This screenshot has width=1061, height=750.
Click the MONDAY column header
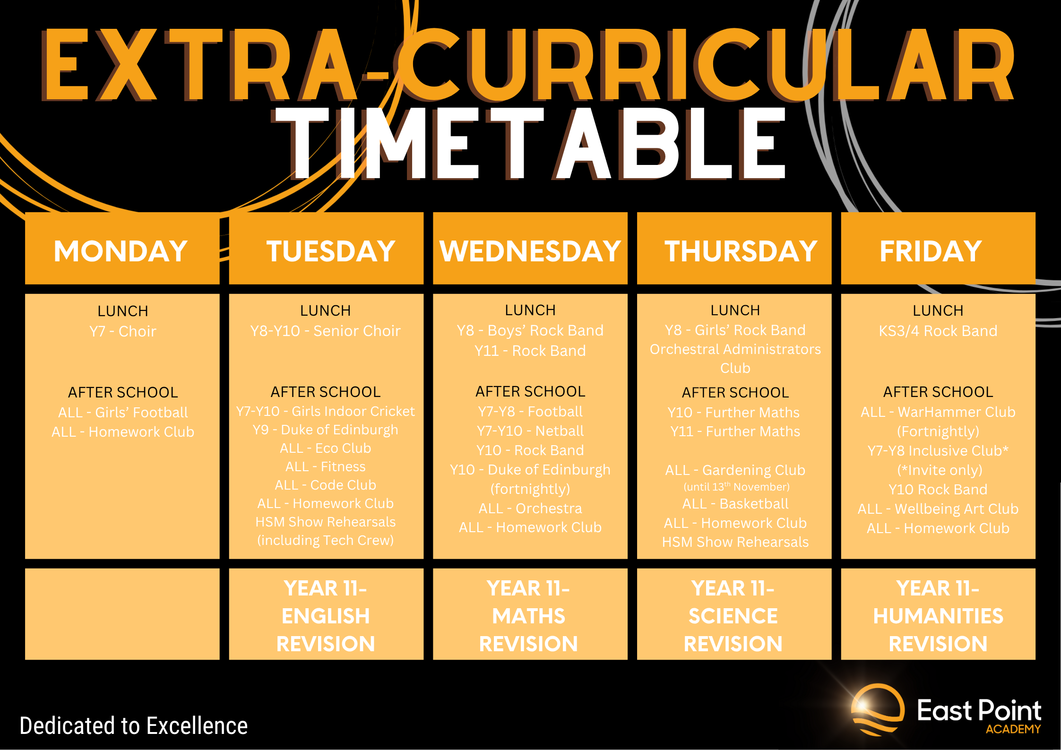pyautogui.click(x=121, y=250)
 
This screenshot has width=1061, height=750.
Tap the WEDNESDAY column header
pyautogui.click(x=530, y=250)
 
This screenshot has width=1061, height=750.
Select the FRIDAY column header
pyautogui.click(x=931, y=250)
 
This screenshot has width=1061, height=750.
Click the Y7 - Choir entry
pyautogui.click(x=122, y=331)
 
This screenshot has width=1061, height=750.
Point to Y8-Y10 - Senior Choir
pyautogui.click(x=325, y=331)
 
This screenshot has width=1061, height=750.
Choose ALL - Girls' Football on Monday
pyautogui.click(x=122, y=413)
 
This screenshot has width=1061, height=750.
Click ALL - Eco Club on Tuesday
pyautogui.click(x=325, y=448)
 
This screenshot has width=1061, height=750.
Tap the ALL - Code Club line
pyautogui.click(x=325, y=485)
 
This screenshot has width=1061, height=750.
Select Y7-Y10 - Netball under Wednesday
pyautogui.click(x=530, y=431)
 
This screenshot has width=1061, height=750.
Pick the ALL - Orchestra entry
pyautogui.click(x=530, y=509)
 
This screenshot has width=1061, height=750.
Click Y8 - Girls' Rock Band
pyautogui.click(x=735, y=330)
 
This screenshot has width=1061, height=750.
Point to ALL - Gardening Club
pyautogui.click(x=735, y=470)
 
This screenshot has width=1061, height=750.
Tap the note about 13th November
pyautogui.click(x=736, y=487)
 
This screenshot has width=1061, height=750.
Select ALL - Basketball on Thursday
pyautogui.click(x=735, y=504)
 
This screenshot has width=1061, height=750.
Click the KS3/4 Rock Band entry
pyautogui.click(x=938, y=331)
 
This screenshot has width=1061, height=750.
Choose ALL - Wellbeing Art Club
pyautogui.click(x=938, y=509)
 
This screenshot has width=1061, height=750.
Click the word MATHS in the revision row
pyautogui.click(x=528, y=616)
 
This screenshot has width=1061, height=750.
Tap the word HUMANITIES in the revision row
pyautogui.click(x=938, y=616)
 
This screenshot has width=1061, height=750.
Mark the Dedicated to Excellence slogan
pyautogui.click(x=134, y=726)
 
